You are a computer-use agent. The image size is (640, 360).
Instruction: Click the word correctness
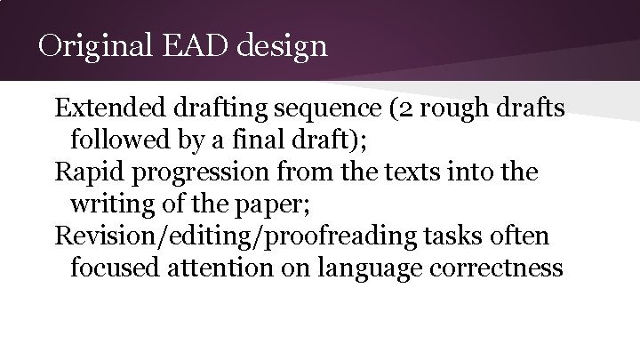point(511,268)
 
